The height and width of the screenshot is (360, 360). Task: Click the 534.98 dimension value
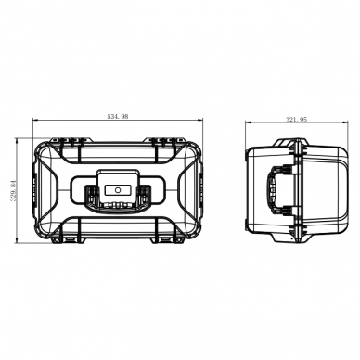[118, 116]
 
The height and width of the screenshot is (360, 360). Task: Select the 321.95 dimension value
[296, 119]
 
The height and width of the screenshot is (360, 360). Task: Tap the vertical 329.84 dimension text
[13, 191]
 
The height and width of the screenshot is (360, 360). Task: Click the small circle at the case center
[118, 190]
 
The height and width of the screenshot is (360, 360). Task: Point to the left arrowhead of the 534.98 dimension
[35, 120]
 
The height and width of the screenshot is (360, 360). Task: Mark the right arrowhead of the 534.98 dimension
[200, 120]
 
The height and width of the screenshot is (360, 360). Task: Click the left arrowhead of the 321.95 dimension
[248, 122]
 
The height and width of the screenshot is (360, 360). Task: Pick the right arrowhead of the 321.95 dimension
[345, 122]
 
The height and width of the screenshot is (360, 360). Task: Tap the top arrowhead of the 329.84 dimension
[17, 141]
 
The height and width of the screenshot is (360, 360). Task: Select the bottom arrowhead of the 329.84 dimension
[17, 240]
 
